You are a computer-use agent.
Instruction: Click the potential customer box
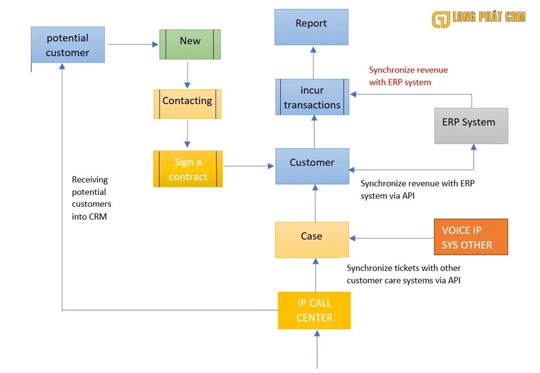pyautogui.click(x=67, y=45)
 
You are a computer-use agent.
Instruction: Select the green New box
pyautogui.click(x=190, y=44)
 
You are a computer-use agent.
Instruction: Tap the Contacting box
pyautogui.click(x=187, y=104)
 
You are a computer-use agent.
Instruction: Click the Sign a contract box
pyautogui.click(x=188, y=169)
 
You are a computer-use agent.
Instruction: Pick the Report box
pyautogui.click(x=311, y=27)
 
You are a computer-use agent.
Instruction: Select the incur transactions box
pyautogui.click(x=312, y=97)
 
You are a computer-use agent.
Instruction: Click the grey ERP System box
pyautogui.click(x=471, y=125)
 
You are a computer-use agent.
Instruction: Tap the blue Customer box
pyautogui.click(x=312, y=166)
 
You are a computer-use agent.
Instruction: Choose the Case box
pyautogui.click(x=311, y=239)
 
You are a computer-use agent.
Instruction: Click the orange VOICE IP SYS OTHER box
pyautogui.click(x=471, y=238)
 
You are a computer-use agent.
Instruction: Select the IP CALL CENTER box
pyautogui.click(x=314, y=311)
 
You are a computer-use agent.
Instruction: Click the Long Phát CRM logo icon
pyautogui.click(x=441, y=18)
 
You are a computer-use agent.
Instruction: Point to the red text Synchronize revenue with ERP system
pyautogui.click(x=408, y=76)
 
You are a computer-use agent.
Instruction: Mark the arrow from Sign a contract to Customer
pyautogui.click(x=249, y=165)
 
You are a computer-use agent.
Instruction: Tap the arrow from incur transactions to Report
pyautogui.click(x=313, y=62)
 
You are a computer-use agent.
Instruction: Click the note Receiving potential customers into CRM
pyautogui.click(x=91, y=198)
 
